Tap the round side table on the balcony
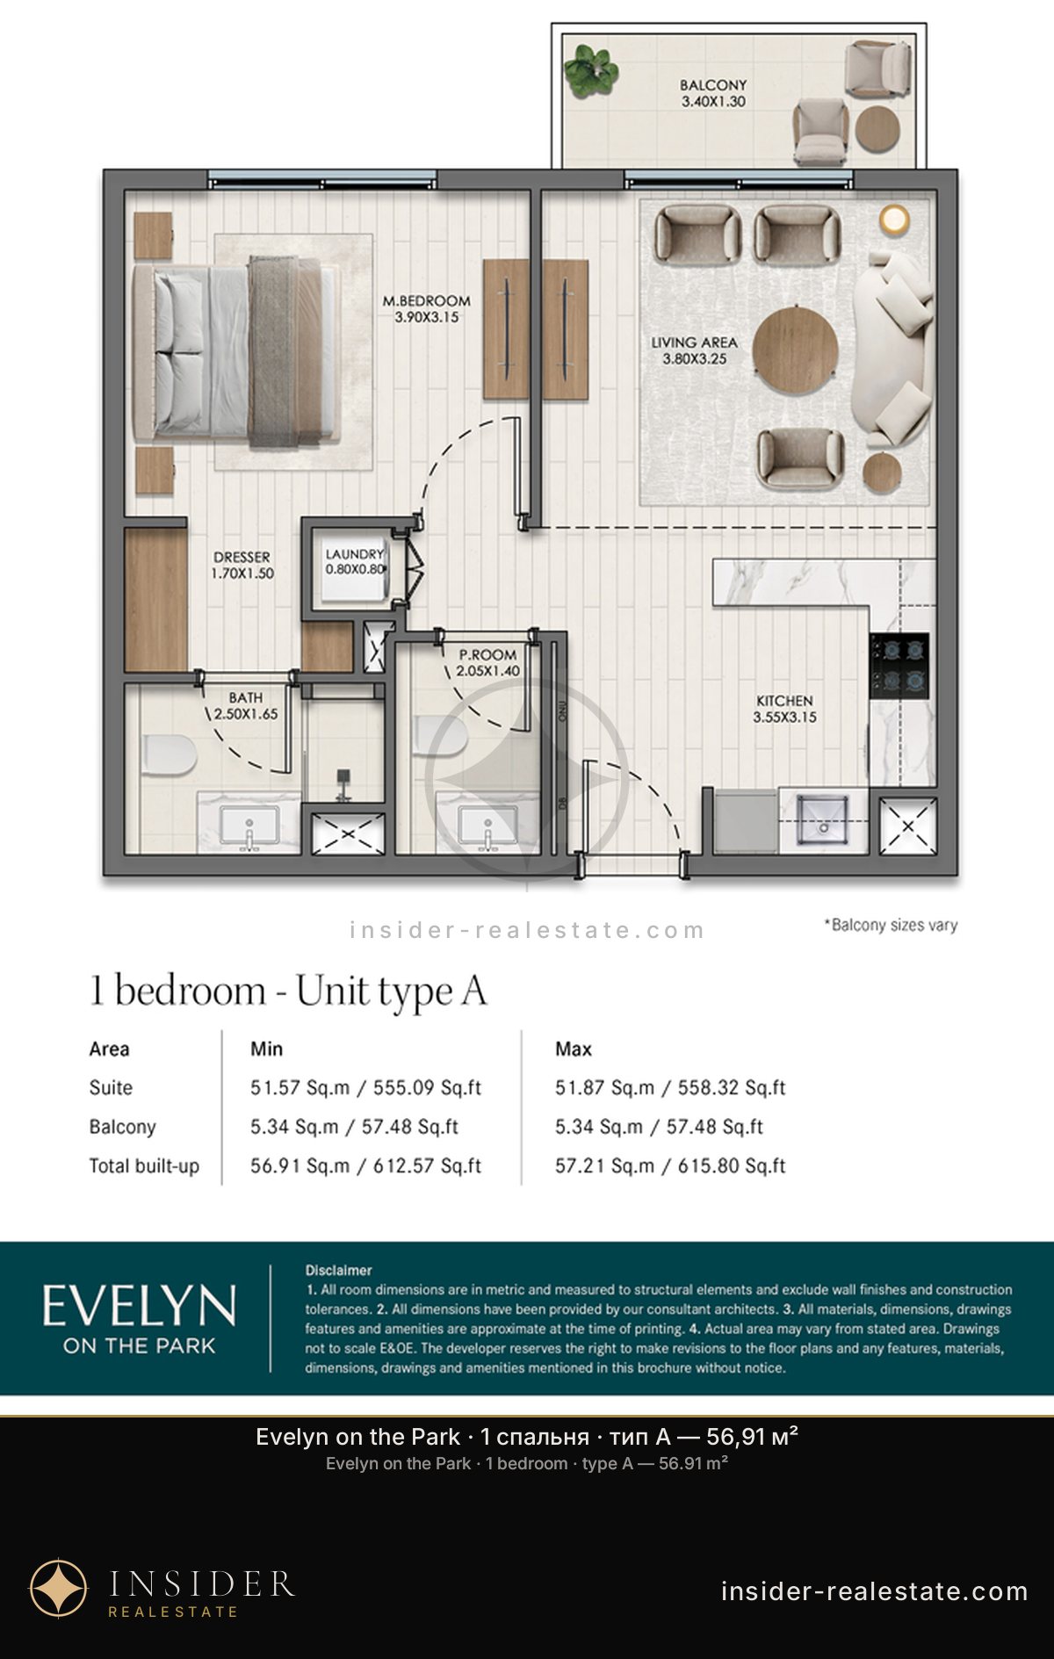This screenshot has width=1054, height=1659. pyautogui.click(x=877, y=130)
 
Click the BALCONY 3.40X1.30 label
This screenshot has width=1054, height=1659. pyautogui.click(x=713, y=93)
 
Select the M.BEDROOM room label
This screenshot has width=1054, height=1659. pyautogui.click(x=426, y=301)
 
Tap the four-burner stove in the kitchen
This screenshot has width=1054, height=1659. pyautogui.click(x=899, y=666)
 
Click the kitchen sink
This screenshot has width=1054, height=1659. pyautogui.click(x=823, y=820)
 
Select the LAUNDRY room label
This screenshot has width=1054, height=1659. pyautogui.click(x=355, y=554)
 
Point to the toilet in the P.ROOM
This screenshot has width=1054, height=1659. pyautogui.click(x=441, y=736)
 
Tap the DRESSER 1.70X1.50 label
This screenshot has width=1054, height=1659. pyautogui.click(x=242, y=566)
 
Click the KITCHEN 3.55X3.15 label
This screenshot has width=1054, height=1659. pyautogui.click(x=784, y=709)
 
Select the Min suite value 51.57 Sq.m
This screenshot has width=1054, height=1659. pyautogui.click(x=300, y=1088)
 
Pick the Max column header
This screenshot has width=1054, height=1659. pyautogui.click(x=574, y=1049)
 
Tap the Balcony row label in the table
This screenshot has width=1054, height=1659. pyautogui.click(x=122, y=1127)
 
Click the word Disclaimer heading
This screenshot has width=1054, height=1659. pyautogui.click(x=338, y=1270)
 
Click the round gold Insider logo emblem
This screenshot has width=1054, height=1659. pyautogui.click(x=59, y=1588)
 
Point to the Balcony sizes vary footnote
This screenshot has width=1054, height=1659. pyautogui.click(x=891, y=926)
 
